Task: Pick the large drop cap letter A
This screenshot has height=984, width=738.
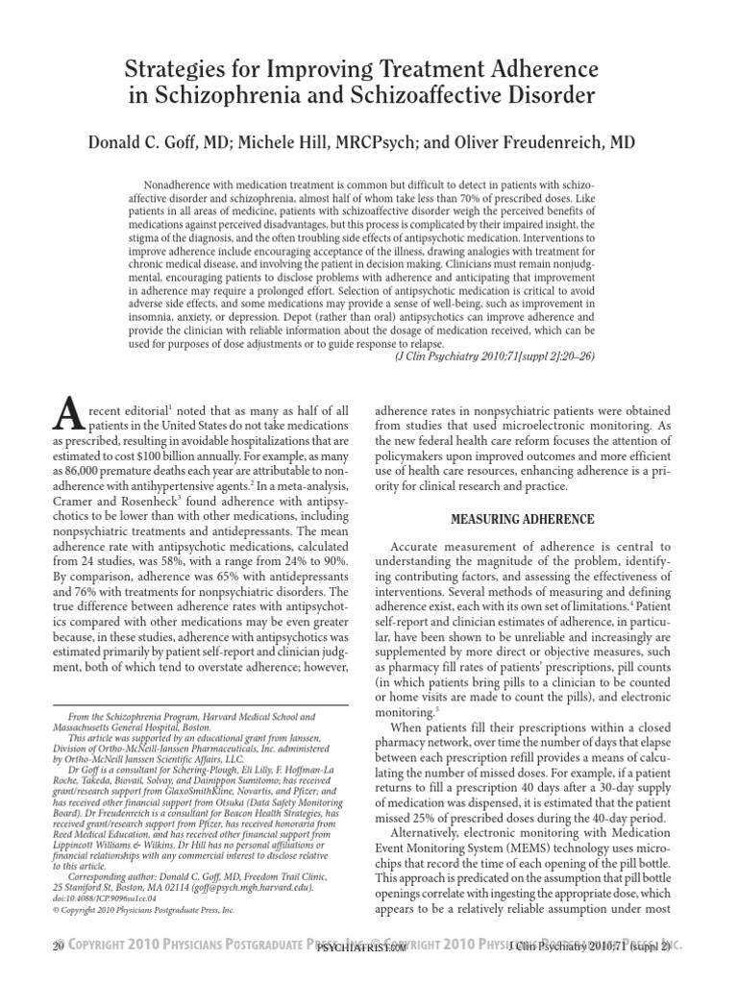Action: coord(61,412)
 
